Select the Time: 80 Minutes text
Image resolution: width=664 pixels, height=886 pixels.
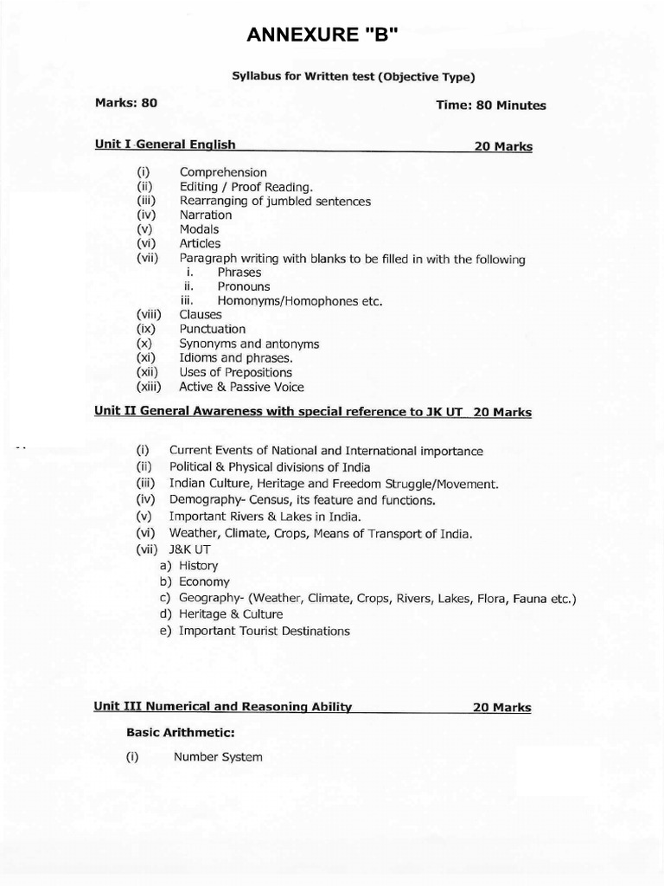pos(492,105)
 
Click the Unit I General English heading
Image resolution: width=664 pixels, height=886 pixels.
pos(165,144)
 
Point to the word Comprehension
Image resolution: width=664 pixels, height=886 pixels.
pos(223,172)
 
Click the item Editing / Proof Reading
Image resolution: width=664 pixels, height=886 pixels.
pos(246,187)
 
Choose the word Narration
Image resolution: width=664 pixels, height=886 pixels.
pos(206,215)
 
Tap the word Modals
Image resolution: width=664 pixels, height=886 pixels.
pos(199,229)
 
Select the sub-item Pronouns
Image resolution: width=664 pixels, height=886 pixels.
pos(244,286)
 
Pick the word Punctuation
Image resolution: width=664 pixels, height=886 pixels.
pos(213,329)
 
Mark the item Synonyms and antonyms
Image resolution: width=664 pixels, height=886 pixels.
pos(249,343)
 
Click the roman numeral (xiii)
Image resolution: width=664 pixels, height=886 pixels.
pos(153,387)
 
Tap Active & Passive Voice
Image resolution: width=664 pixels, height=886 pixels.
pos(242,387)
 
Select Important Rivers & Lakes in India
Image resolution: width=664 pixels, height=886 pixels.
pos(265,516)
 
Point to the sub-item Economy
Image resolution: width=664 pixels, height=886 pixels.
pos(204,581)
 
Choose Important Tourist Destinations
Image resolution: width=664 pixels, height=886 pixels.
pos(265,631)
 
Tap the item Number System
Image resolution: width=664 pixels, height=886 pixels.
pos(218,757)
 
